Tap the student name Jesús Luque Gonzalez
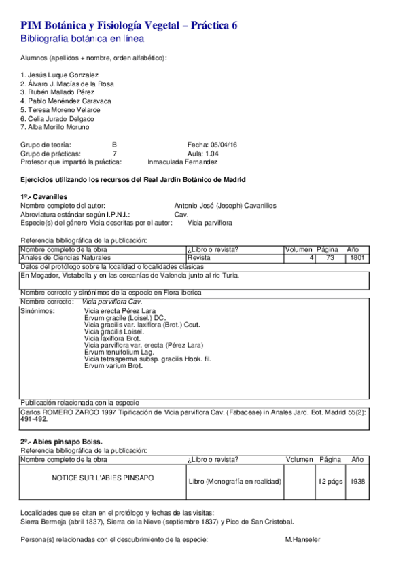pyautogui.click(x=60, y=75)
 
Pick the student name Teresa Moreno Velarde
pyautogui.click(x=60, y=109)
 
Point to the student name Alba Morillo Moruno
pyautogui.click(x=55, y=127)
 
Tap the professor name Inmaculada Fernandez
pyautogui.click(x=182, y=162)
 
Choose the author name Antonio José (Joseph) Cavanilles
pyautogui.click(x=225, y=206)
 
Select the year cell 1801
pyautogui.click(x=358, y=258)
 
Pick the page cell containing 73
pyautogui.click(x=330, y=258)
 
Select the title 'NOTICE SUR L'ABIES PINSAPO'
pyautogui.click(x=103, y=478)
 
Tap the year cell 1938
pyautogui.click(x=357, y=481)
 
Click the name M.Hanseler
pyautogui.click(x=302, y=539)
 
